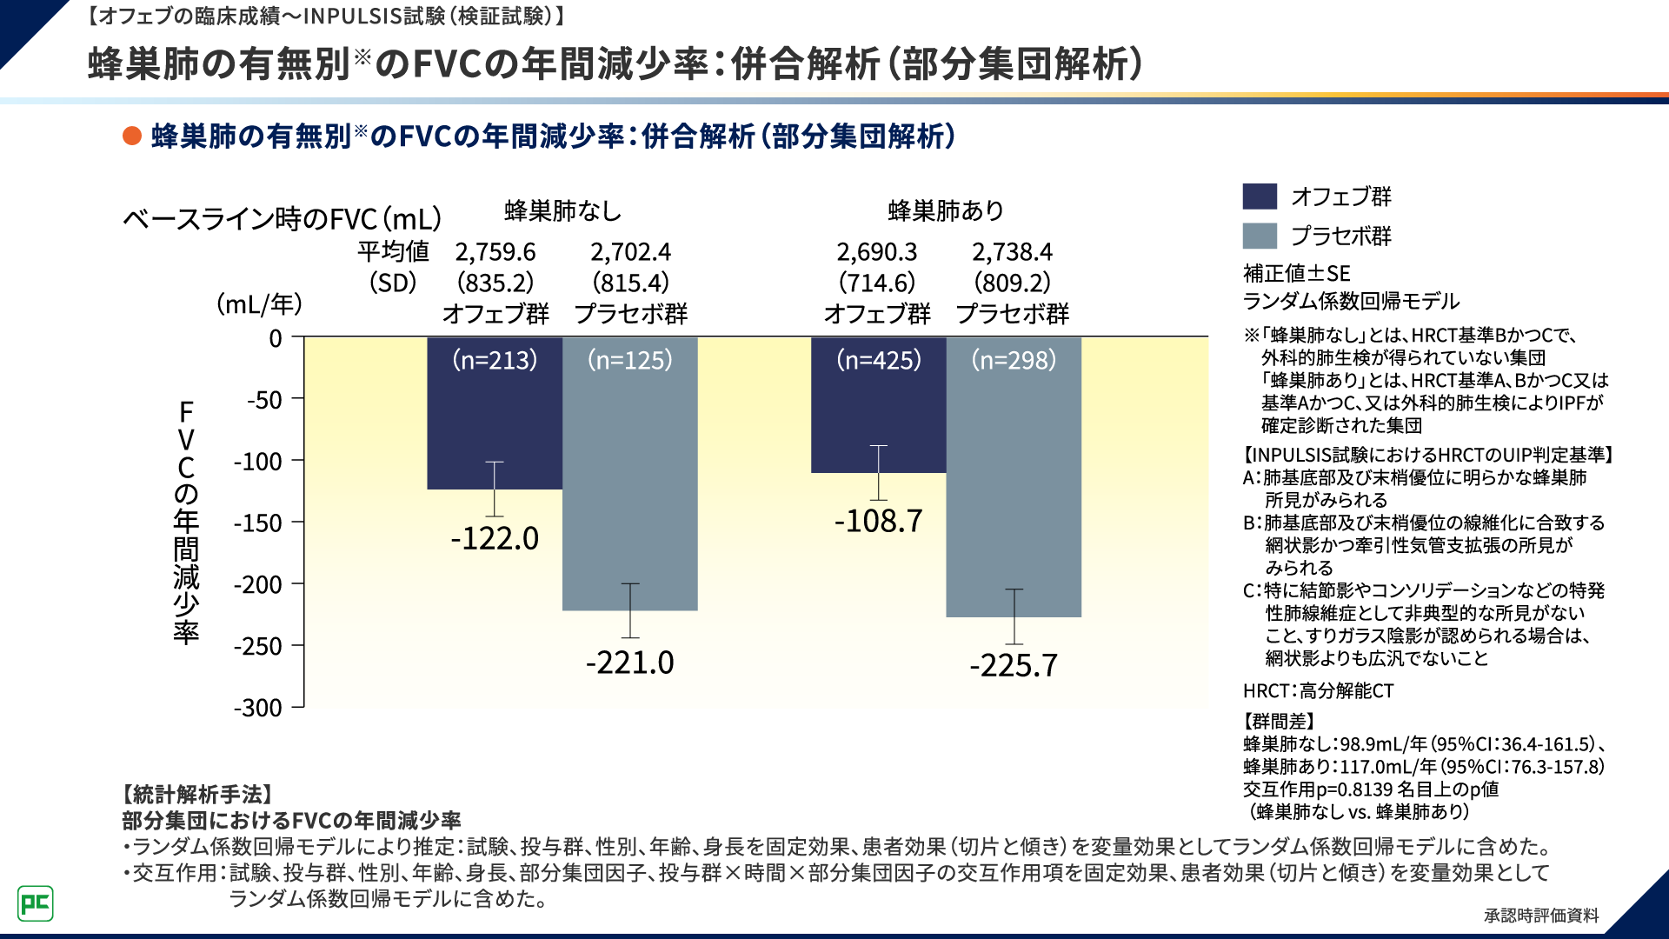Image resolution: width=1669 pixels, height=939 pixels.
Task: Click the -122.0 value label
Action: tap(495, 539)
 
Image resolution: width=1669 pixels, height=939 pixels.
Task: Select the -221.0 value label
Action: tap(629, 663)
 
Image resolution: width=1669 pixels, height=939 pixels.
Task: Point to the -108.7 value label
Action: tap(878, 522)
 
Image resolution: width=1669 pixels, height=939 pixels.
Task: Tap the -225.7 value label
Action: tap(1014, 666)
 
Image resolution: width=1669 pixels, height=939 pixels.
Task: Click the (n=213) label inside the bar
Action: tap(495, 360)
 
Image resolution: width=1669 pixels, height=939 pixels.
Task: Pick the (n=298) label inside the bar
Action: tap(1014, 360)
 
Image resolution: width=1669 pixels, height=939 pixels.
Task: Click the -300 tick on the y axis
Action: tap(258, 708)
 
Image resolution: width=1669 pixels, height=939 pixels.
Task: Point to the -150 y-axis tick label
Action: tap(258, 523)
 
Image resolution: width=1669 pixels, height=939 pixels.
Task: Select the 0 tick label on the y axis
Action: tap(276, 338)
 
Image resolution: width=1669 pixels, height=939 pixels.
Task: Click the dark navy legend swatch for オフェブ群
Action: tap(1260, 196)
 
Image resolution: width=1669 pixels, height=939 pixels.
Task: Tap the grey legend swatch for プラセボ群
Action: tap(1260, 236)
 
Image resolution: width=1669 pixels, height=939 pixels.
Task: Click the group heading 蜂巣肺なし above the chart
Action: tap(562, 211)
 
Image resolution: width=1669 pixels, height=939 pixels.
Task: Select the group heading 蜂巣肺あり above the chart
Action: tap(946, 211)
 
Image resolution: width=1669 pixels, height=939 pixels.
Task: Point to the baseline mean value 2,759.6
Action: tap(495, 252)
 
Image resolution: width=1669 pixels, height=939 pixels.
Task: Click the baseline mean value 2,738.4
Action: tap(1012, 252)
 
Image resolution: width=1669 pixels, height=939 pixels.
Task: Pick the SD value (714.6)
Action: tap(877, 283)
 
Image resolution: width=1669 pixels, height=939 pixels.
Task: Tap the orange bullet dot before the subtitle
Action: tap(132, 137)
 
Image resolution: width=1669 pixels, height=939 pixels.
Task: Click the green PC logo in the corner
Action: tap(36, 903)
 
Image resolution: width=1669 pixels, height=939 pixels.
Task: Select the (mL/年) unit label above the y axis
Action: tap(259, 304)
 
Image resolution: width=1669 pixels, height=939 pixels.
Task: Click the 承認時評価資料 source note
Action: tap(1541, 916)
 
